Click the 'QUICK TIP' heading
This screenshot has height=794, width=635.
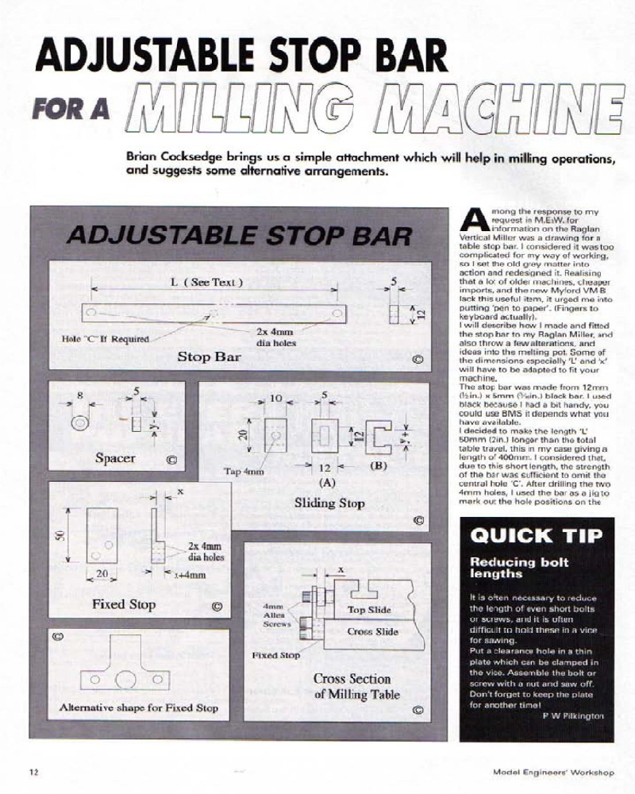pyautogui.click(x=537, y=535)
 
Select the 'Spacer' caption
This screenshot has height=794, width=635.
pyautogui.click(x=116, y=458)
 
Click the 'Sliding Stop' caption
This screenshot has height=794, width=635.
pyautogui.click(x=329, y=503)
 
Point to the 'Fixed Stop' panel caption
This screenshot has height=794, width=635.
pyautogui.click(x=124, y=604)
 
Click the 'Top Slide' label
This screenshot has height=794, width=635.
pyautogui.click(x=368, y=610)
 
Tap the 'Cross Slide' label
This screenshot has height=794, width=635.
pyautogui.click(x=372, y=632)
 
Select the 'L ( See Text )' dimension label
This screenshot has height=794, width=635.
pyautogui.click(x=206, y=283)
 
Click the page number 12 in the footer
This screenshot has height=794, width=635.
pyautogui.click(x=33, y=771)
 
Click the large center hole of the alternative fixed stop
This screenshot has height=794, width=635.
pyautogui.click(x=125, y=680)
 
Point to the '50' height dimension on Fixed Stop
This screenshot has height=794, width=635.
pyautogui.click(x=59, y=535)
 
